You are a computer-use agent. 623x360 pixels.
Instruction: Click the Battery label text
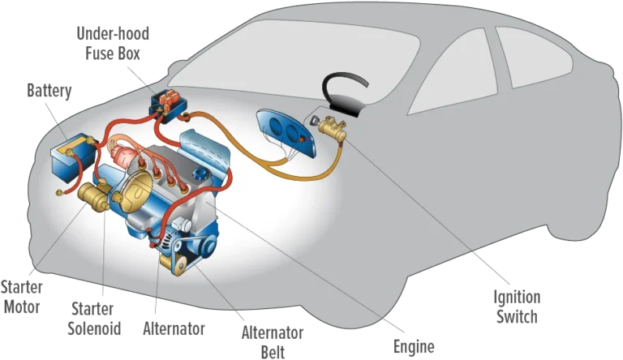pos(49,91)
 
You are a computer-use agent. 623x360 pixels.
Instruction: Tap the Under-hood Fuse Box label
pos(113,43)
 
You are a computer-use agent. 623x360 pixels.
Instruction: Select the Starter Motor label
pos(21,297)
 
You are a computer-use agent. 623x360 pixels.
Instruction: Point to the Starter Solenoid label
pos(94,319)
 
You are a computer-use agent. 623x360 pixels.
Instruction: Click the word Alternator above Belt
pos(273,332)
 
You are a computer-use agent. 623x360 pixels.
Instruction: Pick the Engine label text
pos(414,346)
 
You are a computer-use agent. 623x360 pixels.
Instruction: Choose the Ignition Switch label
pos(517,306)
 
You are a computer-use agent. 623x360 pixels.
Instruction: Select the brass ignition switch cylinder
pos(332,129)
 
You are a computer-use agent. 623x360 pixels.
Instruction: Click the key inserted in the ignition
pos(314,121)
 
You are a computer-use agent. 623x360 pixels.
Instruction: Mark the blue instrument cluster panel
pos(286,133)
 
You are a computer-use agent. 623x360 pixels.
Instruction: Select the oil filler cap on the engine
pos(200,175)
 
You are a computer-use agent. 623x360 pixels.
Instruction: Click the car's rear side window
pos(532,56)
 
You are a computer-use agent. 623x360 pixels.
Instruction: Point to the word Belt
pos(273,352)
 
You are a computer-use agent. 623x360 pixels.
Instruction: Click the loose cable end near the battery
pos(59,193)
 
